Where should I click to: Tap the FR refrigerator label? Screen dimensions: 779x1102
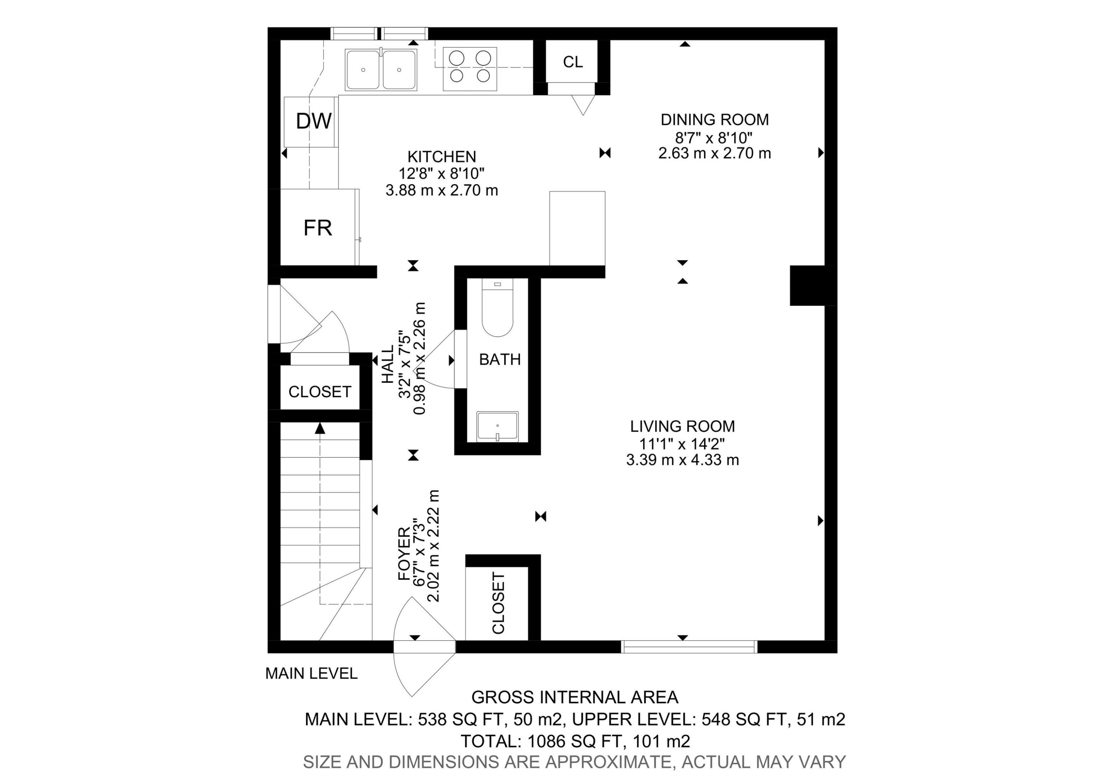[317, 228]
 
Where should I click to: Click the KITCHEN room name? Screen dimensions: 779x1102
[442, 157]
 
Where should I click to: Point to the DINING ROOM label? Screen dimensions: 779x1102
[714, 119]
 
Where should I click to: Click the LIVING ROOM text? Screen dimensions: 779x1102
[682, 426]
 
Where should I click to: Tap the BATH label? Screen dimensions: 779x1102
[500, 359]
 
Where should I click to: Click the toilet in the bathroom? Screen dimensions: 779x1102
[497, 310]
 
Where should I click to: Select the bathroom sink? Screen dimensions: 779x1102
[497, 426]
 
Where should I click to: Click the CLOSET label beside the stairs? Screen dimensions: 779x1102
[320, 392]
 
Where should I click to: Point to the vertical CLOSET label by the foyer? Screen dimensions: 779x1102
[498, 603]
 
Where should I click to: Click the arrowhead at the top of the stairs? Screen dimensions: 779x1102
[320, 428]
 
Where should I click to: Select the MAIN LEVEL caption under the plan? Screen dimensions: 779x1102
[311, 673]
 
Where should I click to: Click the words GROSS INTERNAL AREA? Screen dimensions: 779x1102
[575, 697]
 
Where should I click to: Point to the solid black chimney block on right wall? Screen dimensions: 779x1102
[813, 285]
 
